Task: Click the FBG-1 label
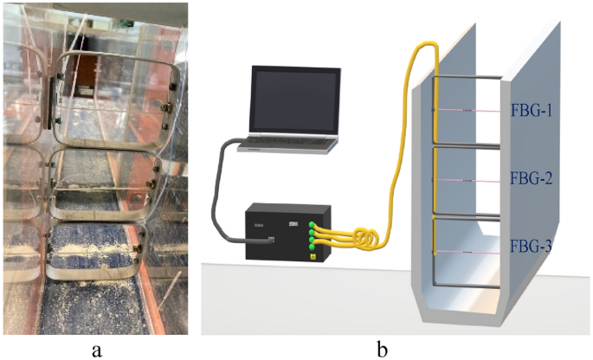pos(530,111)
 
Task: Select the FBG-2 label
pos(530,179)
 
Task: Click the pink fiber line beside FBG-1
pos(472,111)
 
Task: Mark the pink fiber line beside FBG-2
pos(472,179)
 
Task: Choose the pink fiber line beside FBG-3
pos(472,251)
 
